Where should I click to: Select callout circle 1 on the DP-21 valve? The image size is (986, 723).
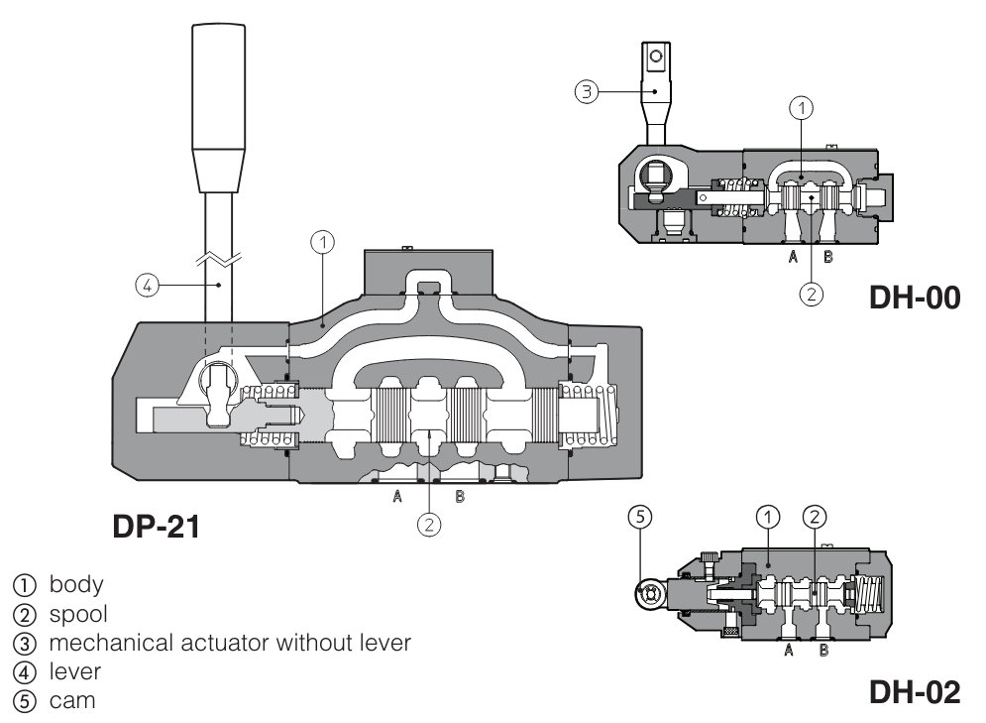(322, 240)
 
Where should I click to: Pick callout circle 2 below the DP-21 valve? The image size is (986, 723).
(427, 524)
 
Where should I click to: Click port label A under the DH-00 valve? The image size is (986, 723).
(792, 256)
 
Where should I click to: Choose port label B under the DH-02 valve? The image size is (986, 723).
(823, 652)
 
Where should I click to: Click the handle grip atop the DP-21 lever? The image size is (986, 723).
(217, 109)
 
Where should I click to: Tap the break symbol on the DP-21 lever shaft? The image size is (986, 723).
(217, 260)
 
